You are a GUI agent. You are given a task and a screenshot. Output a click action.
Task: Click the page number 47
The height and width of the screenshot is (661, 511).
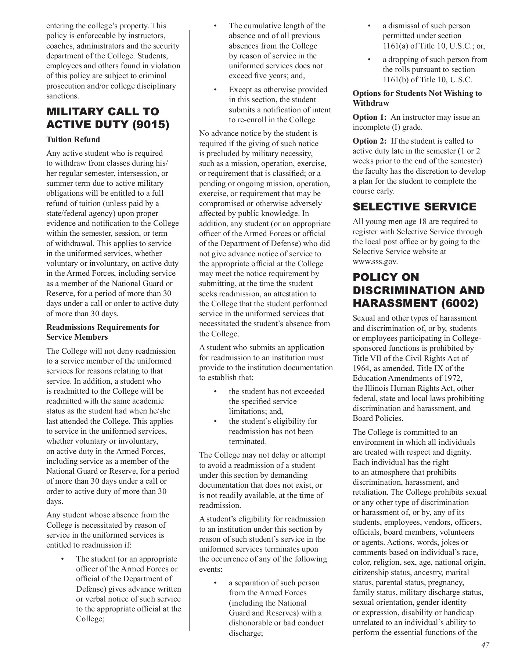pos(485,645)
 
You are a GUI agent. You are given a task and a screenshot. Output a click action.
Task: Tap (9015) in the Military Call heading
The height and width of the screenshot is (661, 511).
pos(151,125)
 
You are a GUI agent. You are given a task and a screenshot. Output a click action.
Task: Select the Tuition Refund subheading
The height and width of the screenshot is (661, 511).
pos(73,140)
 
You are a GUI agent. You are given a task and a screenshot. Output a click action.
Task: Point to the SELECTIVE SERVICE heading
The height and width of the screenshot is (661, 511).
pos(414,207)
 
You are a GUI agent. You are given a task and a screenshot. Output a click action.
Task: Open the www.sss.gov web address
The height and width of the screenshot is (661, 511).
pos(375,262)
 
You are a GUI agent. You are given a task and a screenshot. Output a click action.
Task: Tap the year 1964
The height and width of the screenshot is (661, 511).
pos(361,368)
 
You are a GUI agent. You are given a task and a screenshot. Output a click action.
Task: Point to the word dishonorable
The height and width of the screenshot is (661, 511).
pos(251,623)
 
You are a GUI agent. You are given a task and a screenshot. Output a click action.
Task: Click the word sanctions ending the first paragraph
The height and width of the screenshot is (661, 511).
pos(62,96)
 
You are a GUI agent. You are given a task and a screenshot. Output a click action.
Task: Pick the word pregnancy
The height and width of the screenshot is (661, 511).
pos(446,582)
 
